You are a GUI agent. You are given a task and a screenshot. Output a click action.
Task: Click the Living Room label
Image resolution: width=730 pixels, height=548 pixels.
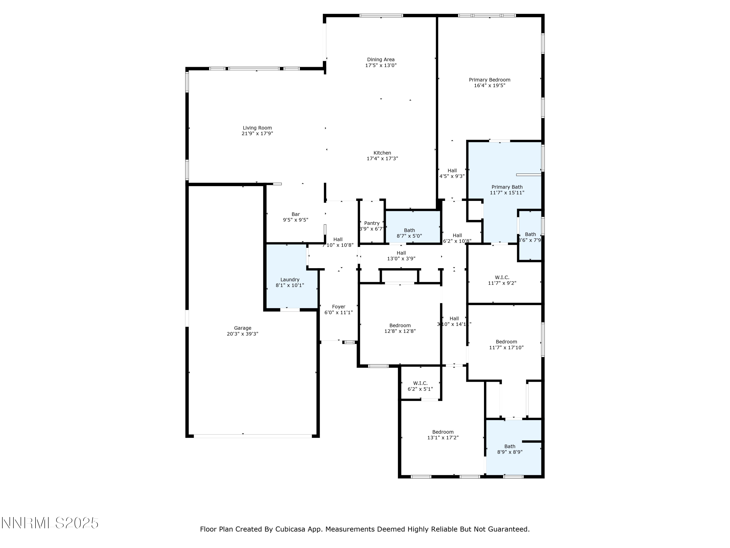(257, 128)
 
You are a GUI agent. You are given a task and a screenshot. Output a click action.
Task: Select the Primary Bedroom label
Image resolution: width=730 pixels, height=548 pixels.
(489, 80)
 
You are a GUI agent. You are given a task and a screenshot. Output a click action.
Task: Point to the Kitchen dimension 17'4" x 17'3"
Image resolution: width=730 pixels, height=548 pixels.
(382, 159)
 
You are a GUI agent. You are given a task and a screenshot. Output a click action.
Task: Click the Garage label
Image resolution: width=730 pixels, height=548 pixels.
(243, 328)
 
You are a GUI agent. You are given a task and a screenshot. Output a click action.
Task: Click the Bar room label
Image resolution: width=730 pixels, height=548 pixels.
(295, 214)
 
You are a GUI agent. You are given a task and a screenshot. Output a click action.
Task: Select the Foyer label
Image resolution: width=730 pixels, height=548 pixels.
(339, 307)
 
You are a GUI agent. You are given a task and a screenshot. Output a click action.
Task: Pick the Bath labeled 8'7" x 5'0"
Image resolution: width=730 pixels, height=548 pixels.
(409, 233)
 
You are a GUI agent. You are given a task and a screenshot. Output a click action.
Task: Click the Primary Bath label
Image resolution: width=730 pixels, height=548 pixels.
(507, 187)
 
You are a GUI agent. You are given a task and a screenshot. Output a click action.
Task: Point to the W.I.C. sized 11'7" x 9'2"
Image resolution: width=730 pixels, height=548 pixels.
(502, 280)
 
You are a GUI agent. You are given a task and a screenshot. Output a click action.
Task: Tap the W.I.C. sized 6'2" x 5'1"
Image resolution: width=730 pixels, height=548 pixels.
(420, 386)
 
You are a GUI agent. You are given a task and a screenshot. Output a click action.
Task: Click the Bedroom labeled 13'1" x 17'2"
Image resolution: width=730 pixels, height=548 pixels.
(443, 434)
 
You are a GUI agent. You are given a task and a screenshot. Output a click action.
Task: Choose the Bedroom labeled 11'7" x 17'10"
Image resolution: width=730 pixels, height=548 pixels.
(506, 345)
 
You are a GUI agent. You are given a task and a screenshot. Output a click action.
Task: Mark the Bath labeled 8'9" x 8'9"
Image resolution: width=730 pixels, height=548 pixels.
(510, 449)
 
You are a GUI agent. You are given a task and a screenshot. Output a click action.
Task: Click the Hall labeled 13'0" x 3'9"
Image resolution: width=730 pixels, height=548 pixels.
(401, 256)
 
